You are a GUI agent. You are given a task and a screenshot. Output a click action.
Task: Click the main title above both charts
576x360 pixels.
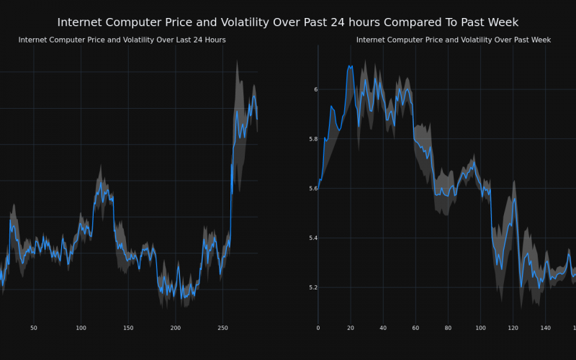287,22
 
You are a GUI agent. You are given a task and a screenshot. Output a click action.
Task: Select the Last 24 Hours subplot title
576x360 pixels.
122,40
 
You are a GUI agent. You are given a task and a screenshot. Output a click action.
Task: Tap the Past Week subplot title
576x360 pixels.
454,40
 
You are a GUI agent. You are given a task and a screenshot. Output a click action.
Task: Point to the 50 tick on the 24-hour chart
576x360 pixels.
34,328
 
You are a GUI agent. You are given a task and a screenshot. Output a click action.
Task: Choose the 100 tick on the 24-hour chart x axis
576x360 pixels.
81,328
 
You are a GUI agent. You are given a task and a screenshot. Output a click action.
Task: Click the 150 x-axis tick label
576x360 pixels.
128,328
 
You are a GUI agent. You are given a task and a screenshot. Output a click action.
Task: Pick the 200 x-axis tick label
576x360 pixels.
176,328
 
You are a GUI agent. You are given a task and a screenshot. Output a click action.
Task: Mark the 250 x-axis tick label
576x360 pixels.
222,328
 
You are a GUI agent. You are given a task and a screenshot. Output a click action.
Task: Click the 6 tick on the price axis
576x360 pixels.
315,89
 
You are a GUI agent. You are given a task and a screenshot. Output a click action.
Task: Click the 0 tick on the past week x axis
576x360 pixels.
318,328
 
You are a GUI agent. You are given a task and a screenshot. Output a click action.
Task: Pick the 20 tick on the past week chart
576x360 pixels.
351,328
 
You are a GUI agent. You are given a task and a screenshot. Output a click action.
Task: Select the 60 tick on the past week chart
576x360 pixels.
415,328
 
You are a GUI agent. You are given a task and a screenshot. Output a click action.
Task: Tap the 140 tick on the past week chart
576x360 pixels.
546,328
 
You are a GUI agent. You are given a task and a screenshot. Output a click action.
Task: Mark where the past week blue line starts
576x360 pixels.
318,189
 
